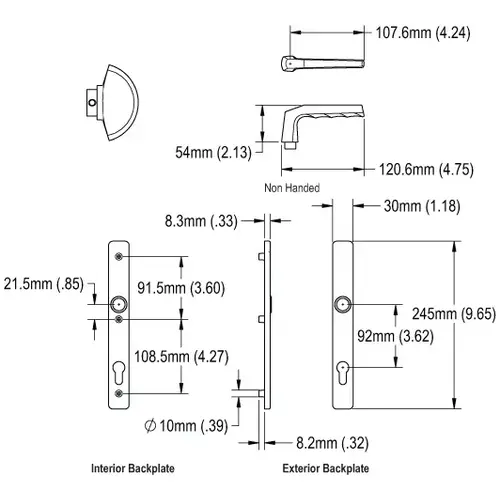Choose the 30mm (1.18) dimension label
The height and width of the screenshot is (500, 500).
coord(420,206)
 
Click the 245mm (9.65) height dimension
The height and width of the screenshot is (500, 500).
coord(445,312)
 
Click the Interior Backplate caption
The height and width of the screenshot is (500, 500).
coord(127,467)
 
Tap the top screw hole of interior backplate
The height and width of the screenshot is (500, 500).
coord(120,257)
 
